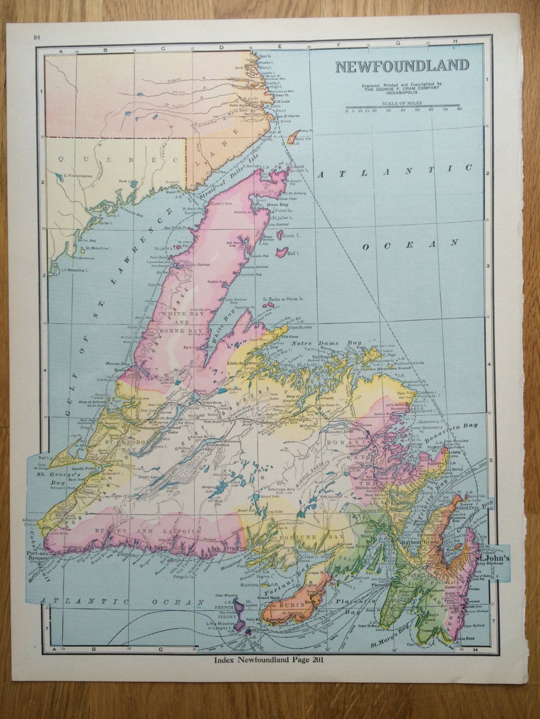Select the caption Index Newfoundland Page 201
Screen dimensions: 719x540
[271, 660]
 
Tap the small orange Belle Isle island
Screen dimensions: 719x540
[291, 139]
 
